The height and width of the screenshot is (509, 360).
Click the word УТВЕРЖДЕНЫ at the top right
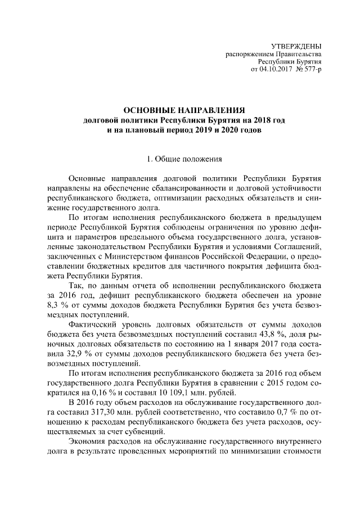click(296, 46)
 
